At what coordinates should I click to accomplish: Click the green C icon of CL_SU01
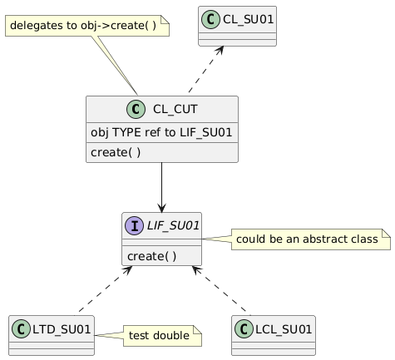coord(210,19)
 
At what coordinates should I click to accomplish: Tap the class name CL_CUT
coord(175,109)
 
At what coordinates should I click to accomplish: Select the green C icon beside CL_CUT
coord(136,109)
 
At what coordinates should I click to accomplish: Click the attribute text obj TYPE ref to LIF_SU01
coord(161,132)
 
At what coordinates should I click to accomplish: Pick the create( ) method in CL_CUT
coord(116,152)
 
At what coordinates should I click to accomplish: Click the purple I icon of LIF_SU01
coord(135,225)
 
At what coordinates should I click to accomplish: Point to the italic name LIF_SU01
coord(173,225)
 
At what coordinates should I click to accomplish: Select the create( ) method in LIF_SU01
coord(151,256)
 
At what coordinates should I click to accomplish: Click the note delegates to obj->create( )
coord(87,26)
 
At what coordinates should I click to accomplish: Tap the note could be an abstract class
coord(311,239)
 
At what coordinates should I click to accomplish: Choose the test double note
coord(162,336)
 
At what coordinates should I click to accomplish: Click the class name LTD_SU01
coord(62,329)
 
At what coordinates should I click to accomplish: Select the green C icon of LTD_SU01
coord(21,329)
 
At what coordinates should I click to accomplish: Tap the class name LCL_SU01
coord(284,329)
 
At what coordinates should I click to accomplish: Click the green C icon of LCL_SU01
coord(244,329)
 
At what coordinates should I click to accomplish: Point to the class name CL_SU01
coord(248,19)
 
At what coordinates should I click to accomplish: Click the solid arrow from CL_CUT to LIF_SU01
coord(161,187)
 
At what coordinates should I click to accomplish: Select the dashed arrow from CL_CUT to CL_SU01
coord(206,69)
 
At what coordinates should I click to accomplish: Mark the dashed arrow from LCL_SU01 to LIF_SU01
coord(221,290)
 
